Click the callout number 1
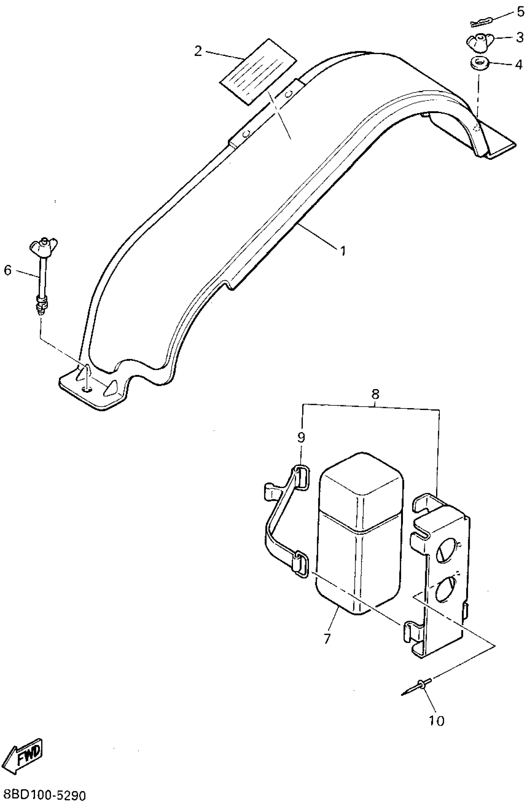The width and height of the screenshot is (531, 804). pos(343,251)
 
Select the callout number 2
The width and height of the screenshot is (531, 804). pos(198,51)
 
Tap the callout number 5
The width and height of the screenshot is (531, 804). pos(520,12)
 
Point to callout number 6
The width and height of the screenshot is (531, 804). pos(7,270)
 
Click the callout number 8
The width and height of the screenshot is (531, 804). pos(375,394)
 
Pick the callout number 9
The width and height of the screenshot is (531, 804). pos(301,437)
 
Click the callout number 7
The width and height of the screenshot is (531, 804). pos(327,638)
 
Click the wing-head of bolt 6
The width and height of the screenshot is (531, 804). pos(44,245)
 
